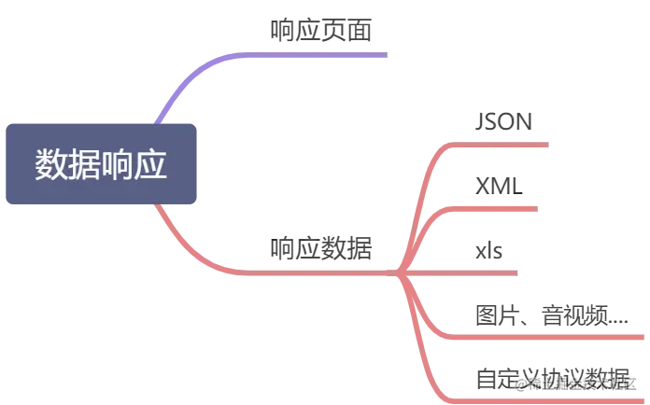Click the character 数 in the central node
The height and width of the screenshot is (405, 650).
(x=51, y=163)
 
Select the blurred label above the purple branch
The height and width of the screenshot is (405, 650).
(x=320, y=31)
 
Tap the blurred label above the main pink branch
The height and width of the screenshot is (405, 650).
(x=320, y=248)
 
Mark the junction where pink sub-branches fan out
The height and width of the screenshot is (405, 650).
(x=398, y=273)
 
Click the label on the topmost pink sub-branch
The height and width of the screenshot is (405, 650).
(x=504, y=123)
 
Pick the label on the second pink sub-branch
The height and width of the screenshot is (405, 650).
(x=496, y=182)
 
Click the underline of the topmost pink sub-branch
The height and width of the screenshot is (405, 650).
(x=504, y=146)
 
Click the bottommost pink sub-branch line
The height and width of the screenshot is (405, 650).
(x=439, y=373)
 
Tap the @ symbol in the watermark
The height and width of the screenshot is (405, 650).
(x=519, y=381)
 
